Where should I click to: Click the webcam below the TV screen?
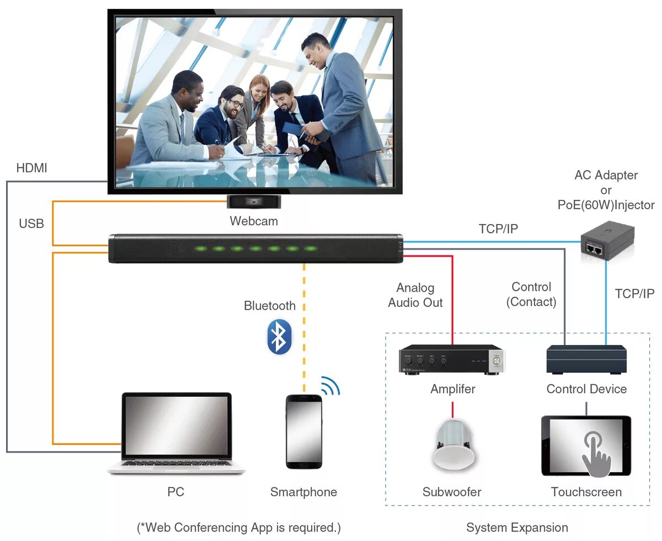254,202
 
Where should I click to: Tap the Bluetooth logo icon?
279,337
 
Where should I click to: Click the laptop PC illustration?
177,434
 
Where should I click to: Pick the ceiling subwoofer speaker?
453,444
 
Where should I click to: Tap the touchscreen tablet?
586,446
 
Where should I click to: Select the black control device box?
586,359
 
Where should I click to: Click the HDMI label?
31,168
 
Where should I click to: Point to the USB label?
31,224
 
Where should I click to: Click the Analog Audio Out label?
415,295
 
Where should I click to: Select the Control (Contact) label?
531,294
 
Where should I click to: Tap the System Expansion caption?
517,528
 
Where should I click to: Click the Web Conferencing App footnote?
239,527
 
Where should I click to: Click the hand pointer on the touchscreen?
595,453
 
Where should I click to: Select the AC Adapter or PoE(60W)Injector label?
606,190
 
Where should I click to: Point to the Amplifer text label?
453,389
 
